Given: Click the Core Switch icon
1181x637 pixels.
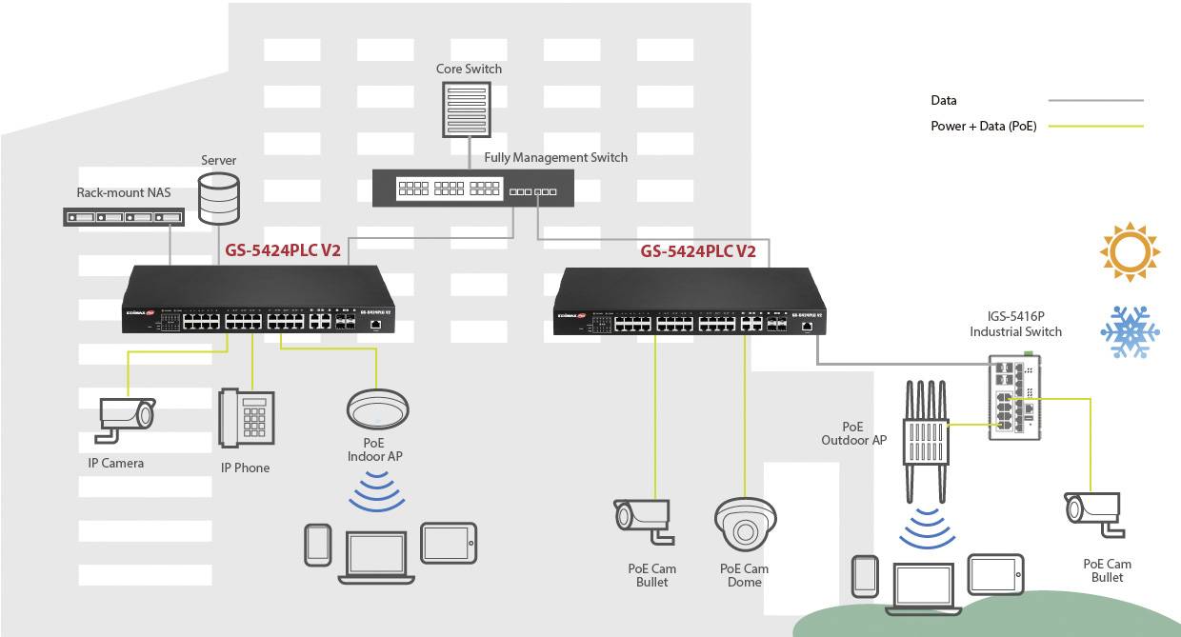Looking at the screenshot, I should click(x=467, y=109).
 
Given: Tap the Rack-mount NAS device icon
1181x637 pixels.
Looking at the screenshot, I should click(x=123, y=216).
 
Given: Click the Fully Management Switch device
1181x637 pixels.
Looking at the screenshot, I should click(x=473, y=187).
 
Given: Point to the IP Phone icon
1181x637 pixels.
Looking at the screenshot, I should click(x=244, y=418).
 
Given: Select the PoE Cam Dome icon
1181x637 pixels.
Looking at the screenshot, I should click(x=745, y=525).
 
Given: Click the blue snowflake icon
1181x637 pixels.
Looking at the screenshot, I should click(x=1130, y=332).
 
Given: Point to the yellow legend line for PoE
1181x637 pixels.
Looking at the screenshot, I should click(x=1095, y=127).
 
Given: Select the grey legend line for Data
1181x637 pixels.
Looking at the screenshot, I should click(x=1095, y=100).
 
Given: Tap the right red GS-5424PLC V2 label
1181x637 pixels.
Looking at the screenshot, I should click(x=698, y=252).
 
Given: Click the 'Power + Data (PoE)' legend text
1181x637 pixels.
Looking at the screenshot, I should click(x=983, y=127).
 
